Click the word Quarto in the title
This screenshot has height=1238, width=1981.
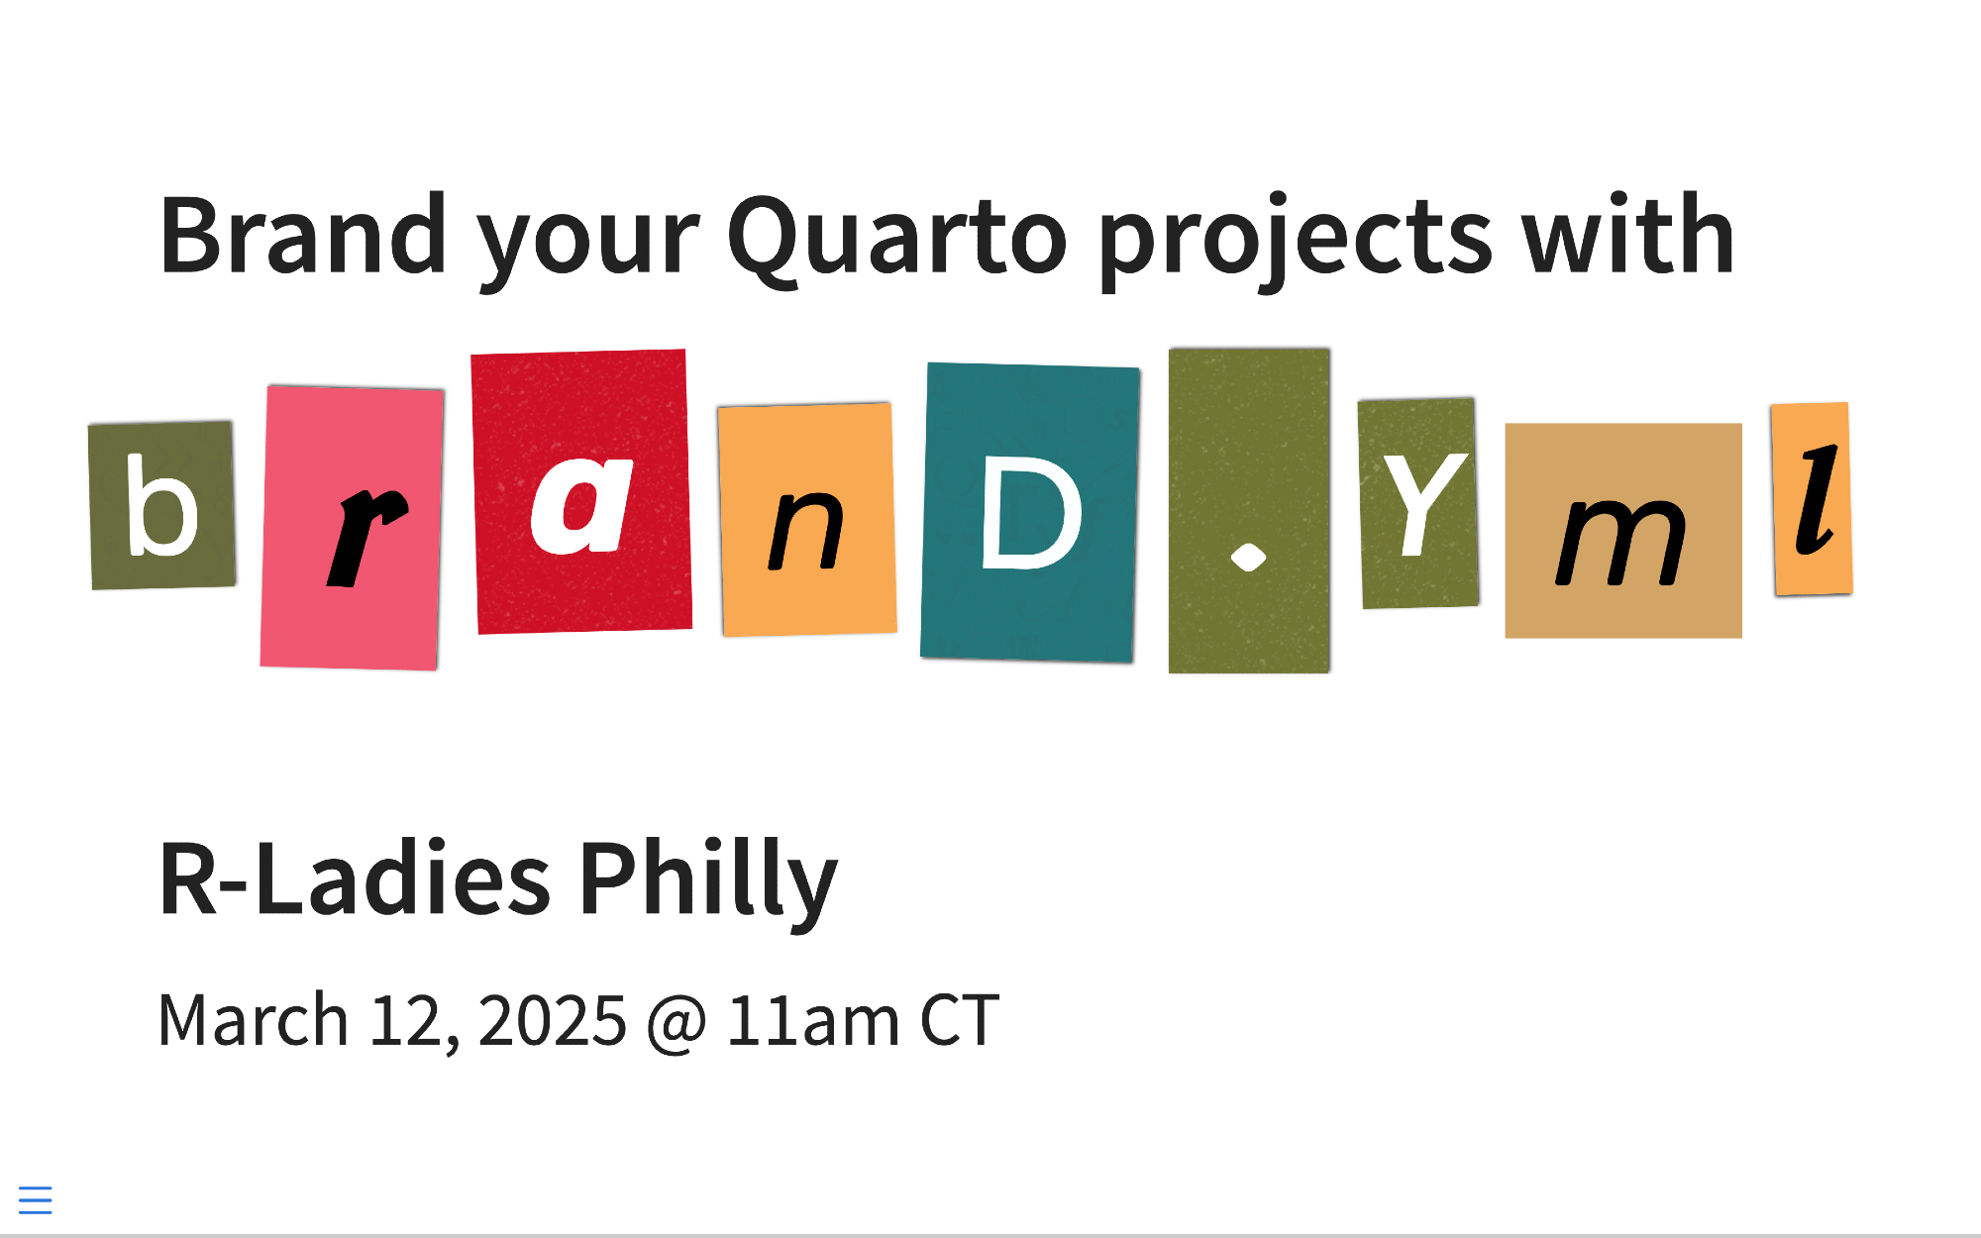tap(897, 238)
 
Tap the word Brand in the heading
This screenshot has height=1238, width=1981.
tap(304, 234)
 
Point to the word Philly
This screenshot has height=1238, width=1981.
tap(708, 882)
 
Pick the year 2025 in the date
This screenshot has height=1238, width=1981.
tap(553, 1020)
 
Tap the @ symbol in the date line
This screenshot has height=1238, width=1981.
tap(677, 1023)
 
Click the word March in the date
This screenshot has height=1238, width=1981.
tap(254, 1019)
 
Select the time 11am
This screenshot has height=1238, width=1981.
tap(813, 1020)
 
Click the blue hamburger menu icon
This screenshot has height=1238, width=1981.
tap(36, 1199)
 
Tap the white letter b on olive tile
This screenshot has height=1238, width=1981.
tap(161, 505)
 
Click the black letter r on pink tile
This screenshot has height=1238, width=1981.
tap(365, 538)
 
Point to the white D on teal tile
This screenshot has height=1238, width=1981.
tap(1031, 514)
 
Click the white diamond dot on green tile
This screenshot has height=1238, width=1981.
tap(1248, 559)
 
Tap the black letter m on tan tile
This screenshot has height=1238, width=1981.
tap(1620, 542)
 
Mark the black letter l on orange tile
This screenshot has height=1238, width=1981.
tap(1817, 500)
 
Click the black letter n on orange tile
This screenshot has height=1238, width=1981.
tap(806, 531)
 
